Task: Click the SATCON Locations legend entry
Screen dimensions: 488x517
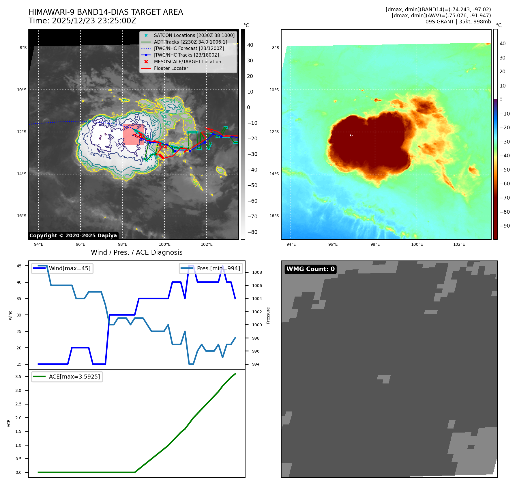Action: [x=194, y=35]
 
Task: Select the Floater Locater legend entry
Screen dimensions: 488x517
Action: [x=171, y=68]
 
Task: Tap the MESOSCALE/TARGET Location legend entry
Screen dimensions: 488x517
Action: [x=187, y=62]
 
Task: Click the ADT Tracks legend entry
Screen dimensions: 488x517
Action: [x=190, y=42]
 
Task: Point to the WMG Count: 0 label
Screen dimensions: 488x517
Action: [x=310, y=269]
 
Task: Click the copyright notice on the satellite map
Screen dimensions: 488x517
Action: [x=73, y=236]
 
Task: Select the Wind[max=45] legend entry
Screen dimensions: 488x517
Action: [x=70, y=269]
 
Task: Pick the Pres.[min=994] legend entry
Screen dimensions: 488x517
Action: [x=218, y=269]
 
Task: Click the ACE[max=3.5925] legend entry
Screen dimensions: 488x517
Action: [x=74, y=377]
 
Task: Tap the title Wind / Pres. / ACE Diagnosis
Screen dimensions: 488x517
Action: [x=136, y=253]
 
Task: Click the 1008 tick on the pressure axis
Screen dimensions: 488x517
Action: [x=257, y=273]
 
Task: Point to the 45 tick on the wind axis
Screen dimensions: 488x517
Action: [x=19, y=266]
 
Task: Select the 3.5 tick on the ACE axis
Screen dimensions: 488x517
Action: [x=18, y=377]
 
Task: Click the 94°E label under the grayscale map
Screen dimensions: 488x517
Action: [x=39, y=245]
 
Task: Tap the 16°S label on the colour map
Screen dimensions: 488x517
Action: [x=274, y=216]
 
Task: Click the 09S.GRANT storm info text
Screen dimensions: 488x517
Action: [x=458, y=22]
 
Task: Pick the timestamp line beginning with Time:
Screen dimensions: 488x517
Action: [x=82, y=21]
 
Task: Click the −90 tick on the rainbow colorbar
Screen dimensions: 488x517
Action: [x=505, y=226]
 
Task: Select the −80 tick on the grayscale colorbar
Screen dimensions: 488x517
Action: [x=252, y=232]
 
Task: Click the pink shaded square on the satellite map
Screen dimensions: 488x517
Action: [x=134, y=134]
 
